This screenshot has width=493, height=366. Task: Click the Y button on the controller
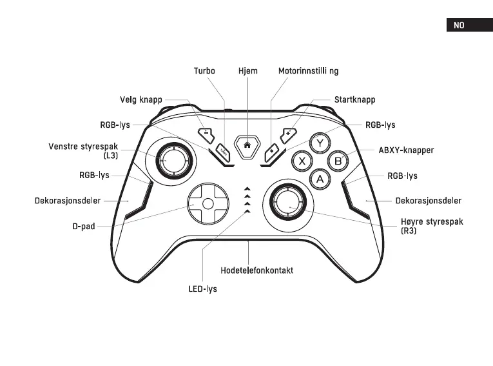[x=319, y=142]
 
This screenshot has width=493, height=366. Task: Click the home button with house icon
[x=247, y=145]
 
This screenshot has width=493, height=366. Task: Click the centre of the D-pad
[x=208, y=202]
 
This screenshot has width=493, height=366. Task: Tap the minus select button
[x=205, y=134]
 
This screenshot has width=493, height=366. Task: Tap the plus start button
[x=288, y=133]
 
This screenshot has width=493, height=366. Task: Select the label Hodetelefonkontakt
[x=256, y=270]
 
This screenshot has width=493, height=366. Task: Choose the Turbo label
[x=204, y=70]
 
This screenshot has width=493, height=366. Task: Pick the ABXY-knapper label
[x=406, y=150]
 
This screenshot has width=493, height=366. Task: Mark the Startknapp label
[x=354, y=100]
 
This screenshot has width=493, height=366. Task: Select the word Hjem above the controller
[x=247, y=70]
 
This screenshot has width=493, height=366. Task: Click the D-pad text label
[x=84, y=227]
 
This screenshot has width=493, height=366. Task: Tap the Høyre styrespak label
[x=432, y=222]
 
